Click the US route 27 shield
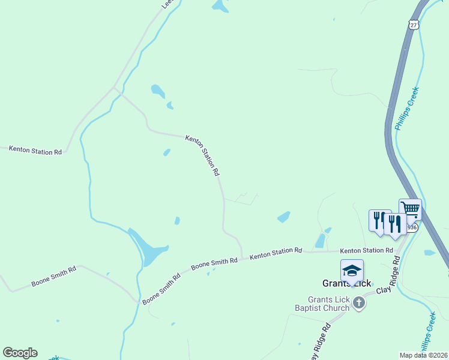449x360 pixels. [x=412, y=24]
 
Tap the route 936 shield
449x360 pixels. [x=411, y=228]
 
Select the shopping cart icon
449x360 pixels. [x=410, y=209]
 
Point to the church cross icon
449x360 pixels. [x=359, y=302]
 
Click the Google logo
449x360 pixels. [x=20, y=353]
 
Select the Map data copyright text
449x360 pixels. [x=423, y=355]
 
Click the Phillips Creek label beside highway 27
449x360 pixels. [x=406, y=109]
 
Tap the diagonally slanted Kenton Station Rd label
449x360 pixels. [x=203, y=155]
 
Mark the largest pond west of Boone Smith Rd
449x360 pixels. [x=147, y=247]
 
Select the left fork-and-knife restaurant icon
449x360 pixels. [x=378, y=220]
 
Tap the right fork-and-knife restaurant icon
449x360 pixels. [x=394, y=223]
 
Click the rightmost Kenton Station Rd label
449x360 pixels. [x=366, y=250]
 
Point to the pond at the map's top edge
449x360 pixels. [x=220, y=5]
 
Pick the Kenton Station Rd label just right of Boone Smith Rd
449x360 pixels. [x=276, y=254]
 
